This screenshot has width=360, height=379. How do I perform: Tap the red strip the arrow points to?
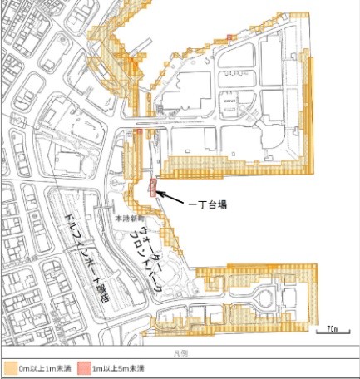click(x=152, y=185)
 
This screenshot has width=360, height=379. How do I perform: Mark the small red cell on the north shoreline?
click(x=228, y=37)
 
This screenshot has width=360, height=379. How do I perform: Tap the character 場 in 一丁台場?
click(x=224, y=202)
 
